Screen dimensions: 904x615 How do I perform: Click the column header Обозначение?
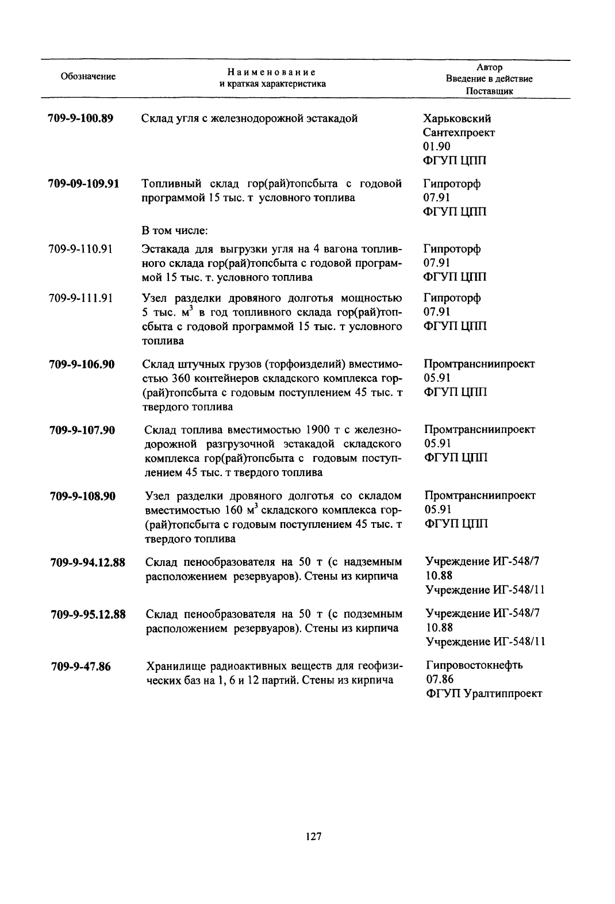click(88, 76)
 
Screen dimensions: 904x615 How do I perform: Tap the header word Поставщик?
click(489, 91)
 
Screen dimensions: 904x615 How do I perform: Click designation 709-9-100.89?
click(80, 119)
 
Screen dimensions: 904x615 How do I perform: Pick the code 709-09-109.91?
click(83, 184)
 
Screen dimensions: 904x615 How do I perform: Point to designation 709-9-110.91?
click(80, 249)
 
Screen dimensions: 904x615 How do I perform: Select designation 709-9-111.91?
click(80, 298)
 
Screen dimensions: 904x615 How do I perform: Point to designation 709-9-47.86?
click(80, 666)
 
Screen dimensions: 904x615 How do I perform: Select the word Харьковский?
click(457, 119)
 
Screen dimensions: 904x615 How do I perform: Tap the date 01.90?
click(437, 147)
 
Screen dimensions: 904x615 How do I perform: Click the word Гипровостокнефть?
click(474, 665)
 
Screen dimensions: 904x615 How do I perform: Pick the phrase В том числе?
click(174, 231)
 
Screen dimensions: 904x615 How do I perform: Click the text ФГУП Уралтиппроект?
click(484, 694)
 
